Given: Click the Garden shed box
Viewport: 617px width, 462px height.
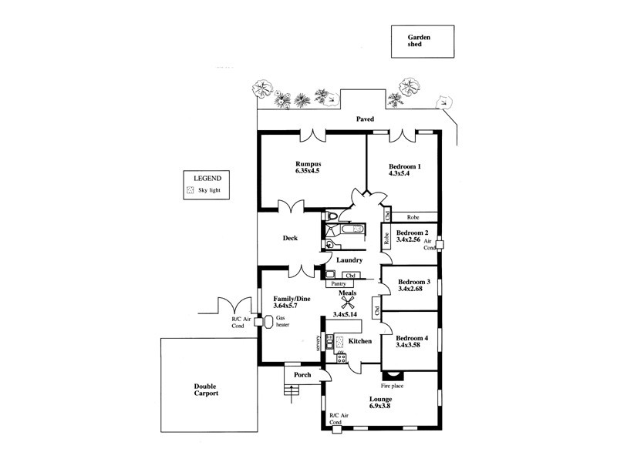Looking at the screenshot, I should pos(421,41).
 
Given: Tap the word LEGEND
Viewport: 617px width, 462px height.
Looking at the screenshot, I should pos(207,178).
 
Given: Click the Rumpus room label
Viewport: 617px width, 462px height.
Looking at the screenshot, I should pos(307,164).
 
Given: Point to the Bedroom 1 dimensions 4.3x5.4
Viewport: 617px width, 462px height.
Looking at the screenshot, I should pos(403,175).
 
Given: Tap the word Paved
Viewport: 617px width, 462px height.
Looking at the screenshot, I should pos(365,120).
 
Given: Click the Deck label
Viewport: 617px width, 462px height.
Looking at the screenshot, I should pos(289,238).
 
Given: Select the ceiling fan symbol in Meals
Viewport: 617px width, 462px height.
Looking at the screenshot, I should pos(336,303).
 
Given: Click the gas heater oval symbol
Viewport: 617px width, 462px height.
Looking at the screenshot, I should pos(268,322).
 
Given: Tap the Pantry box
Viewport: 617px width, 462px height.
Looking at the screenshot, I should pos(343,283).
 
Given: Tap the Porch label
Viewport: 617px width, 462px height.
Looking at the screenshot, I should pos(302,375).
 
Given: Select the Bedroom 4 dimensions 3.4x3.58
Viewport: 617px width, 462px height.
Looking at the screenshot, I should pos(408,346).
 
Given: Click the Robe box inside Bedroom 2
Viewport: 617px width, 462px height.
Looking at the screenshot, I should pos(386,239).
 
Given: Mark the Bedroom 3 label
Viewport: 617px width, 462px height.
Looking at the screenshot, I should pos(414,282).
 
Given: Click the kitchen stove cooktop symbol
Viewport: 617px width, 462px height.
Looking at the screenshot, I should pos(340,357).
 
